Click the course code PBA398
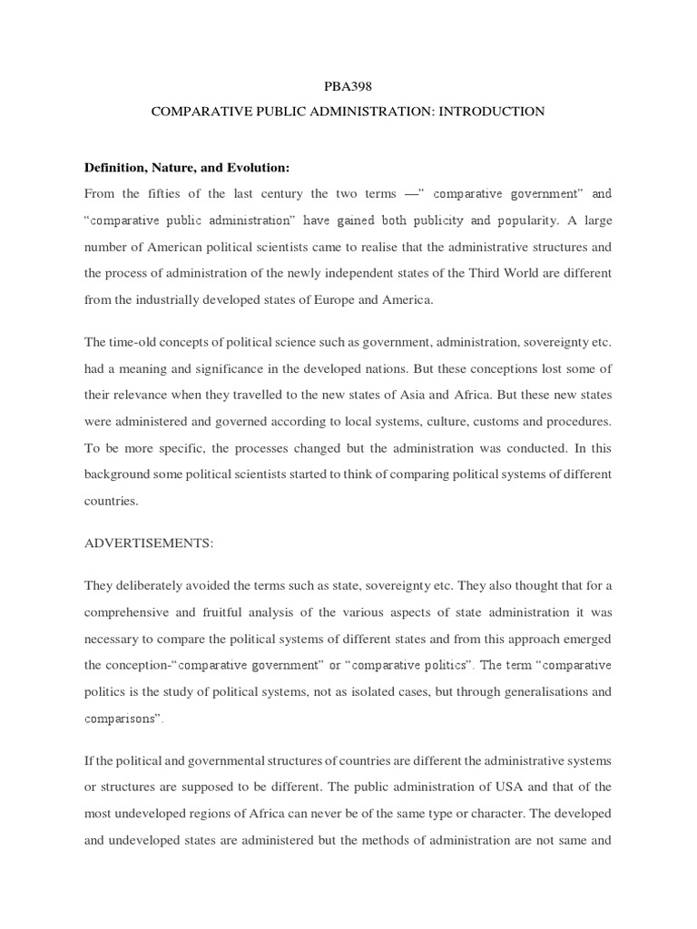(x=348, y=87)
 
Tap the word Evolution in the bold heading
(x=257, y=168)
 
